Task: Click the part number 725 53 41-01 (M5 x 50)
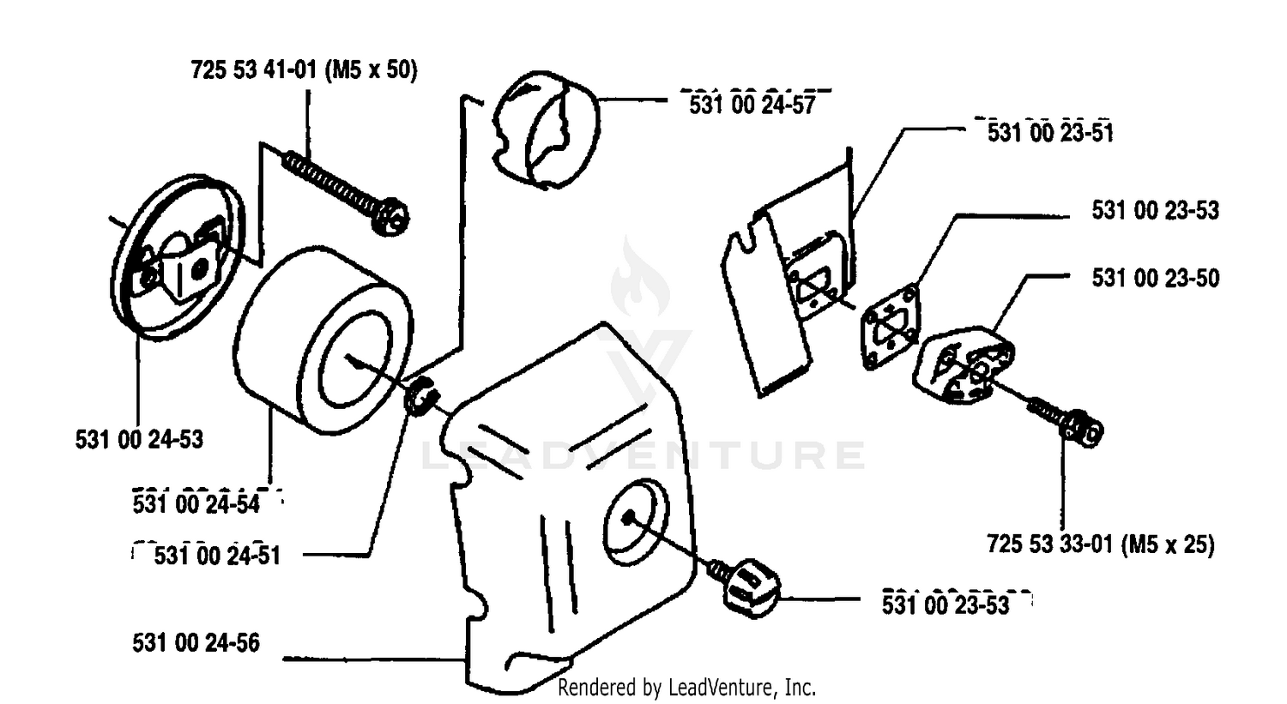[304, 70]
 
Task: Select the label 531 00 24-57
[752, 105]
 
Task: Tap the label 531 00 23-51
[1050, 133]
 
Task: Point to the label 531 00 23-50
[1156, 278]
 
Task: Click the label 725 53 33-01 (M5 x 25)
[1101, 544]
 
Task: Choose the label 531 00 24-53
[139, 439]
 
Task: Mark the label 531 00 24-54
[196, 504]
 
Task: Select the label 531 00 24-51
[217, 556]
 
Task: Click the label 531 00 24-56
[196, 642]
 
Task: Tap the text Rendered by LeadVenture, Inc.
[686, 688]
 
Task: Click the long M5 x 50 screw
[346, 191]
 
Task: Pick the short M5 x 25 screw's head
[1083, 429]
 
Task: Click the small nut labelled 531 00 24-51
[422, 395]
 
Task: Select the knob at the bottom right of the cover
[751, 587]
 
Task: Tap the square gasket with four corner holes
[890, 328]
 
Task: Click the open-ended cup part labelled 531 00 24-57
[546, 129]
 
